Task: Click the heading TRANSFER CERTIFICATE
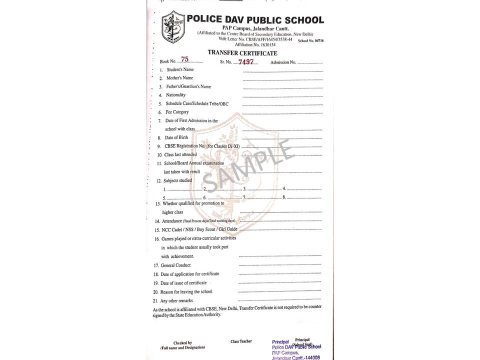click(242, 53)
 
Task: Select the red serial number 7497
click(245, 62)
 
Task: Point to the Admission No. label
click(283, 62)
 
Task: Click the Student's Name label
click(180, 69)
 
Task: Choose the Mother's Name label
click(179, 78)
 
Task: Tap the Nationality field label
click(175, 95)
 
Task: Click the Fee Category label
click(177, 112)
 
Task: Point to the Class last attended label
click(180, 155)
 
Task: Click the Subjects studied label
click(177, 180)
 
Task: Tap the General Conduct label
click(175, 265)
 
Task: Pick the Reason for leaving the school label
click(186, 291)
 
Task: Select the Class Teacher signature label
click(241, 341)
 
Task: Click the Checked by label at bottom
click(182, 343)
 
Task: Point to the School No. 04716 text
click(310, 39)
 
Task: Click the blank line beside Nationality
click(282, 96)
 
